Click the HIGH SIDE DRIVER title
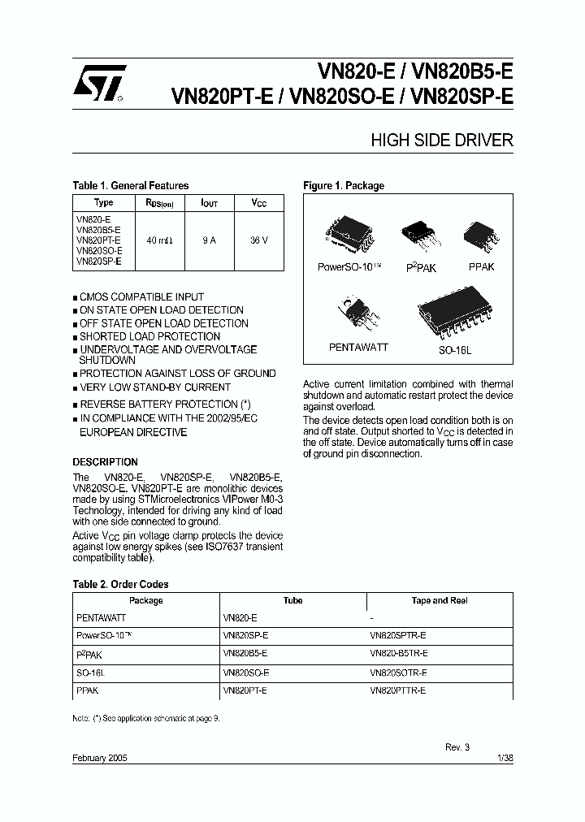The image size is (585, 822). click(x=442, y=141)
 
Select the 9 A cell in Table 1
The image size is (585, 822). click(x=208, y=240)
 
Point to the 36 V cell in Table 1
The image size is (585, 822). click(x=259, y=240)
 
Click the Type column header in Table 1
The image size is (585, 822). click(x=103, y=203)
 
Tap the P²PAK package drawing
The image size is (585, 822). click(x=420, y=236)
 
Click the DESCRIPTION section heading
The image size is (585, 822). click(x=106, y=461)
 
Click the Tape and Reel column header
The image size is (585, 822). click(x=440, y=601)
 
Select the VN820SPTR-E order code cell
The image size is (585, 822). click(x=397, y=635)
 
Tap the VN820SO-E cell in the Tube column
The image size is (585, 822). click(x=246, y=673)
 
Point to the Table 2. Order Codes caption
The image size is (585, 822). click(x=120, y=584)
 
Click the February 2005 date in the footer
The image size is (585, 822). click(x=100, y=757)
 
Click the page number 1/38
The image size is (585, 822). click(x=504, y=757)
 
